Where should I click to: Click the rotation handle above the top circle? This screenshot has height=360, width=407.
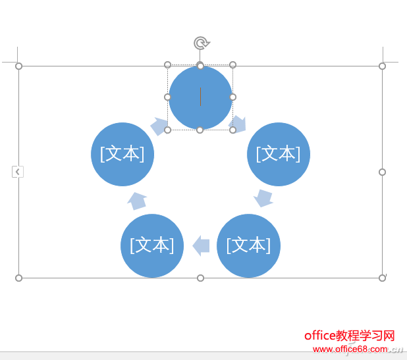point(202,43)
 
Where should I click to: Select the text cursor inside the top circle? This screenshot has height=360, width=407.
point(200,97)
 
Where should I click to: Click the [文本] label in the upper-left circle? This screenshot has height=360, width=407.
point(122,154)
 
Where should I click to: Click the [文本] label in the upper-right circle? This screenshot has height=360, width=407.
point(279,154)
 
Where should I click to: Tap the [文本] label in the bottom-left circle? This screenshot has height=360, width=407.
point(152,245)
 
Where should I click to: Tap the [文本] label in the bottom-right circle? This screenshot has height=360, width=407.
point(249,245)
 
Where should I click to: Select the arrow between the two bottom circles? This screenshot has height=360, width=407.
point(201,245)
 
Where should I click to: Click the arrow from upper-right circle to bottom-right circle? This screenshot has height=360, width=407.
point(263,198)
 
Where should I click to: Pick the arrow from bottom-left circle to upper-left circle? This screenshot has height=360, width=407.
point(137,201)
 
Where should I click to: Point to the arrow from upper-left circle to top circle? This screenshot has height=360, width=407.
point(159,126)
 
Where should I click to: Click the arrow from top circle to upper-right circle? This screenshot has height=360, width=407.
point(238,124)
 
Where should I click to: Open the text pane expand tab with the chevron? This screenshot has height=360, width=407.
point(18,172)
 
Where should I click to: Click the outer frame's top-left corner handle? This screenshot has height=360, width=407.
point(18,66)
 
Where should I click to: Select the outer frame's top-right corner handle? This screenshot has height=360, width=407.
point(382,66)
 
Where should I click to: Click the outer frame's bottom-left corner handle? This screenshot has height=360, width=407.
point(18,278)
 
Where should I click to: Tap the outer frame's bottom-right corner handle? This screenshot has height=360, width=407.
point(382,278)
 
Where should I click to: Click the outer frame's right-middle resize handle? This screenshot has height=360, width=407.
point(382,172)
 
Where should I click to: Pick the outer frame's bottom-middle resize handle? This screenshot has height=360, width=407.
point(200,278)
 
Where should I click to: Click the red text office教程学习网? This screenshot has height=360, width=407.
point(350,336)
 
